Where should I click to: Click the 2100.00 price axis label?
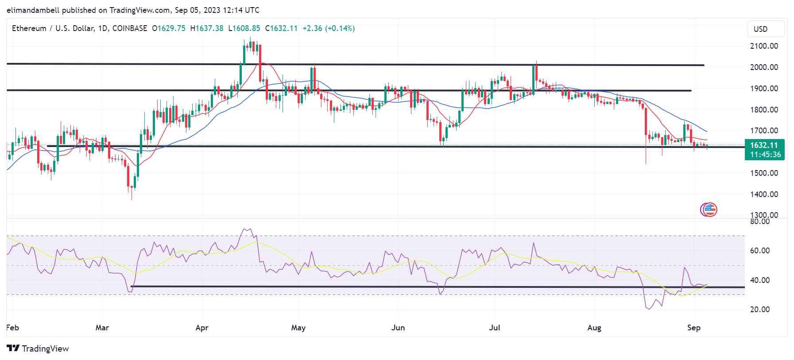[763, 46]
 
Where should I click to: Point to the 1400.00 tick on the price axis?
[763, 194]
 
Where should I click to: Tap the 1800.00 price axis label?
[763, 110]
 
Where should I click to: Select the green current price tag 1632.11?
[764, 145]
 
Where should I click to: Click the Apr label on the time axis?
[202, 328]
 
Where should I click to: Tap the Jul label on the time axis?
[494, 328]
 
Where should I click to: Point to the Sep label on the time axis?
[693, 328]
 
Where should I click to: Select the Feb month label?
[12, 328]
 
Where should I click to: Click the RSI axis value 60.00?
[759, 251]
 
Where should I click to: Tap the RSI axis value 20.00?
[759, 310]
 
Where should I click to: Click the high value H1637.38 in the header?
[207, 28]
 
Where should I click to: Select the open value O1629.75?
[169, 28]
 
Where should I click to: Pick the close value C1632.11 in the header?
[281, 28]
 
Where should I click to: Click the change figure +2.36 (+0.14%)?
[329, 28]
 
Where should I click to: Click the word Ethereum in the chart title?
[29, 28]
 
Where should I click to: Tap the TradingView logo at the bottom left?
[38, 348]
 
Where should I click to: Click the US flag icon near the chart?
[709, 209]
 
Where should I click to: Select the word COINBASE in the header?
[130, 28]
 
